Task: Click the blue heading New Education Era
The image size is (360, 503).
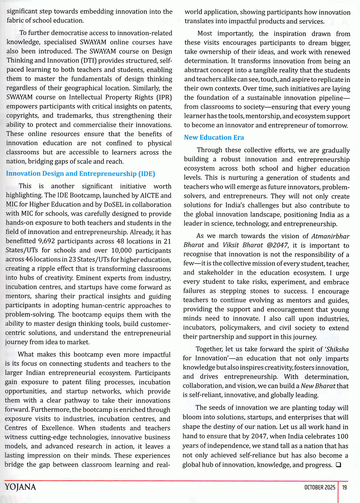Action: click(x=214, y=137)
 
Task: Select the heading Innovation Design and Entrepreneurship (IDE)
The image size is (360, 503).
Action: click(x=80, y=174)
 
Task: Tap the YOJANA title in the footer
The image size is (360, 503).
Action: click(x=21, y=487)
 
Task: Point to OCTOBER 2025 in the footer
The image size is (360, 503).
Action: click(x=320, y=487)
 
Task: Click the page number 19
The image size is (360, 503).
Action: click(x=344, y=487)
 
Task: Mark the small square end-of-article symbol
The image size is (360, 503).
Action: click(x=338, y=465)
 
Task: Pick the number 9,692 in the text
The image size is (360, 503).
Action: click(x=47, y=241)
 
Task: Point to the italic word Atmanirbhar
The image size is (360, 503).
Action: click(x=330, y=236)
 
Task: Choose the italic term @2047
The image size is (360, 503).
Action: click(x=277, y=245)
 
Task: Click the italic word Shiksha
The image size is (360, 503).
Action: click(x=338, y=349)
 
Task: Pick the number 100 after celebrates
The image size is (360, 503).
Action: click(x=342, y=436)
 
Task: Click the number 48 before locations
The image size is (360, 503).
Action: click(x=120, y=241)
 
